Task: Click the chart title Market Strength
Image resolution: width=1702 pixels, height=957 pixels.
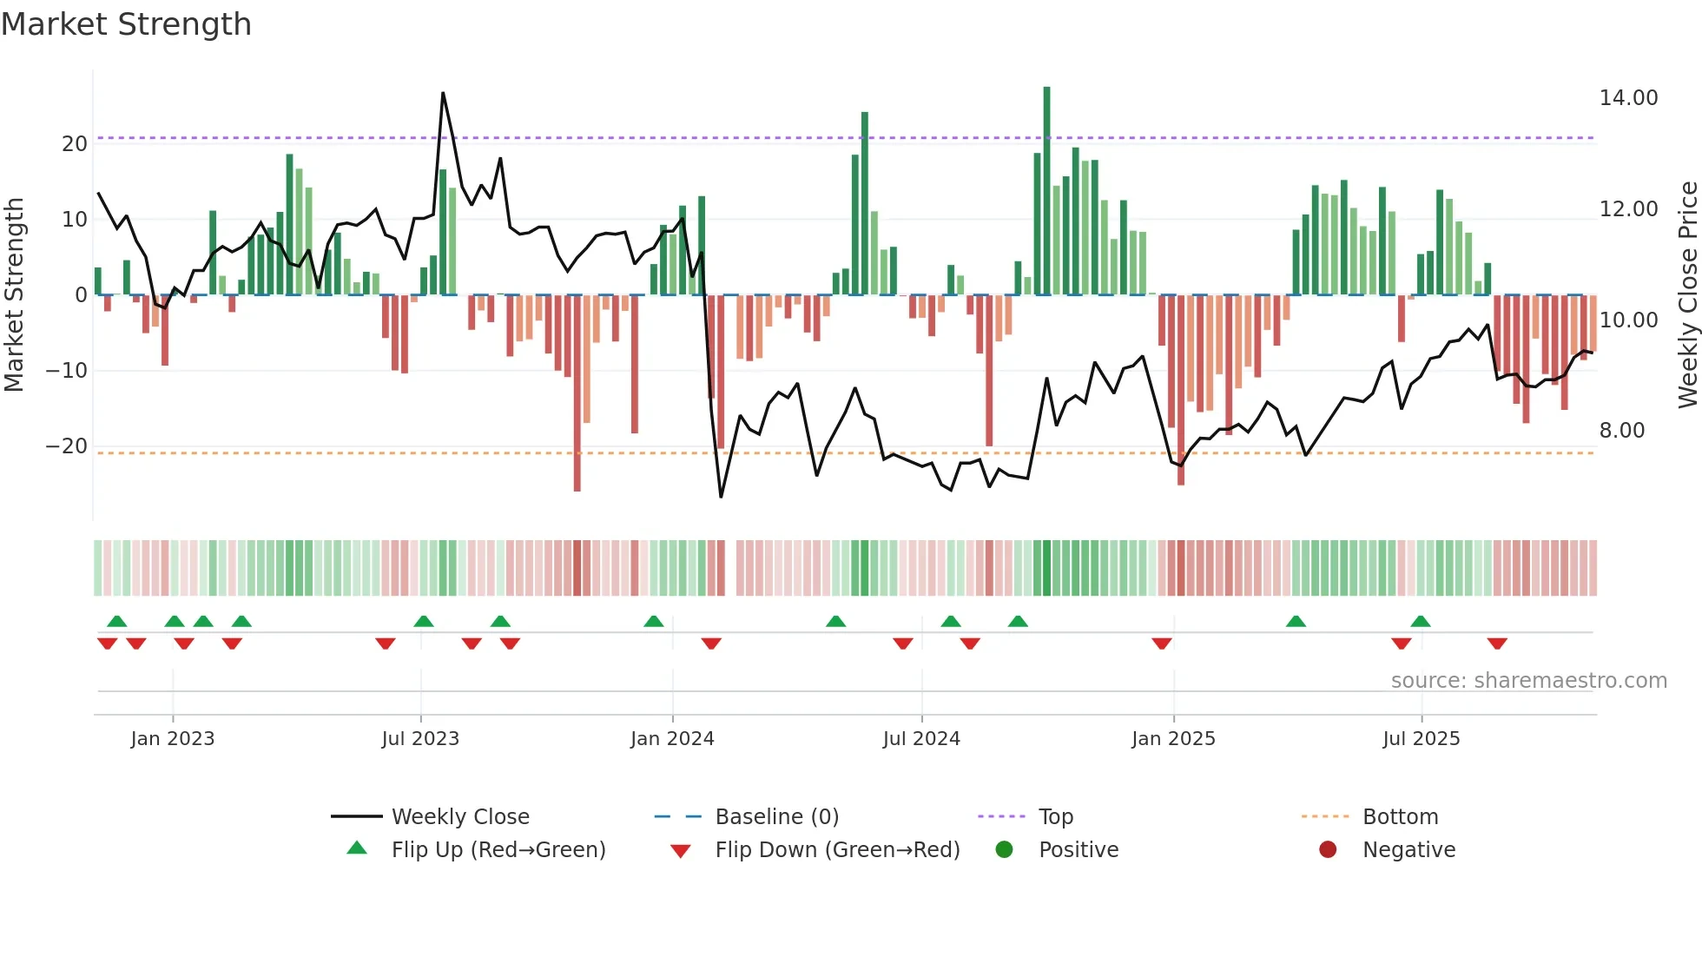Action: (126, 24)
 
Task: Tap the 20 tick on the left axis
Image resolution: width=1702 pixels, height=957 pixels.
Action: (75, 144)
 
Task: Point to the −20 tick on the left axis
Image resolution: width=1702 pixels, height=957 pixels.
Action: (67, 446)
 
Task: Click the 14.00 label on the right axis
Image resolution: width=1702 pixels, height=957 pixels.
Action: (1628, 98)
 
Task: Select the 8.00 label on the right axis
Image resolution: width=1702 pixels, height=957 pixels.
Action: (1621, 431)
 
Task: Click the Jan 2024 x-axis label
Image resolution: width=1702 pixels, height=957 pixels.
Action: (672, 739)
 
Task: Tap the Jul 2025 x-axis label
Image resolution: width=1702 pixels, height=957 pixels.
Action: (1421, 739)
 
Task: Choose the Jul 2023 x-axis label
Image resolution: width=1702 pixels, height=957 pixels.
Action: (420, 739)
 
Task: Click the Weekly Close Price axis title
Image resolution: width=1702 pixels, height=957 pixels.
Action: (1687, 294)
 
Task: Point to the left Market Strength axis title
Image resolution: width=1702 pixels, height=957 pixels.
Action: (15, 294)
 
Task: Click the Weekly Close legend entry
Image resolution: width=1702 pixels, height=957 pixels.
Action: (459, 817)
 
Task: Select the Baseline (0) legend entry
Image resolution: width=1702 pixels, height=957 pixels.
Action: (776, 817)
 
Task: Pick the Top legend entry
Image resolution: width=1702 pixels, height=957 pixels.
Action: (1055, 817)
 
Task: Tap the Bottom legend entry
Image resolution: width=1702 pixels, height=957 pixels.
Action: (1400, 817)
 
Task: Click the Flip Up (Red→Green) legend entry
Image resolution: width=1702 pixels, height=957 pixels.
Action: (498, 850)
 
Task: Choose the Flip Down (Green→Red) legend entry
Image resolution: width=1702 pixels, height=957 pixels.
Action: (837, 850)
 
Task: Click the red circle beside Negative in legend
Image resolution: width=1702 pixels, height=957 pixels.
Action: (1328, 850)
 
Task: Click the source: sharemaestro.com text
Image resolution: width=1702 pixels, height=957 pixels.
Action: (1528, 681)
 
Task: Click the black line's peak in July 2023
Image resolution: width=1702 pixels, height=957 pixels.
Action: (443, 93)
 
